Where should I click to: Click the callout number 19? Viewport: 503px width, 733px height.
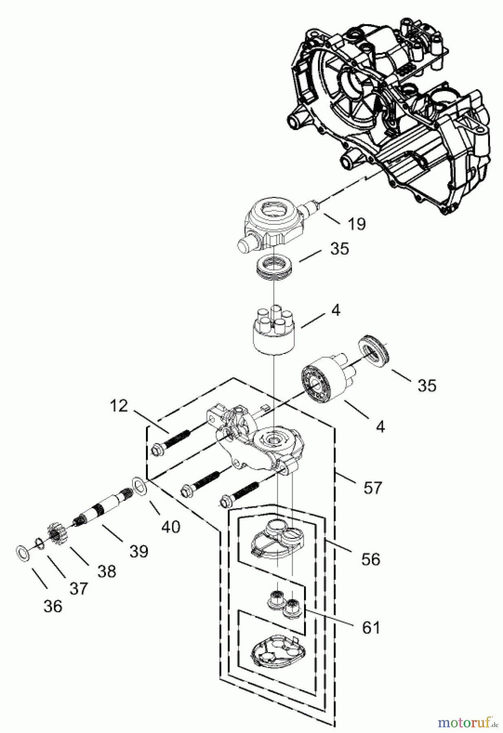[x=357, y=224]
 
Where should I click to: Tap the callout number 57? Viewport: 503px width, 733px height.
[x=373, y=487]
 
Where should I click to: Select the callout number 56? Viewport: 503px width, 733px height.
[x=371, y=559]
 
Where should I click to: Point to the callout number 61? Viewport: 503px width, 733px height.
[x=371, y=628]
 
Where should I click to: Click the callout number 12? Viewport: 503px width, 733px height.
[x=119, y=406]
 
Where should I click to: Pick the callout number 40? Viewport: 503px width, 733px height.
[x=170, y=527]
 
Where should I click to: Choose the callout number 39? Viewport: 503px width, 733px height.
[x=139, y=551]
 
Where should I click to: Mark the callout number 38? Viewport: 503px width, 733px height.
[x=107, y=571]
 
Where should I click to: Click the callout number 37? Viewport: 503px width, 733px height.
[x=78, y=588]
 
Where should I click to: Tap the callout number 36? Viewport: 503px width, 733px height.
[x=53, y=606]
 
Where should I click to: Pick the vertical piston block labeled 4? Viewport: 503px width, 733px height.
[x=272, y=334]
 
